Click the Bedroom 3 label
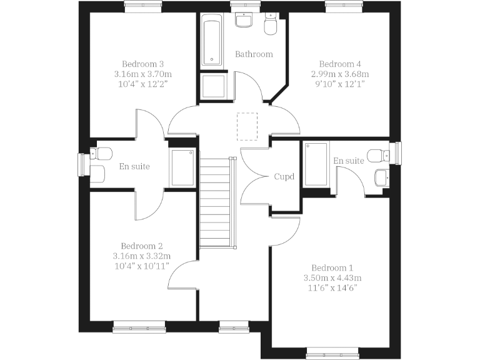142,64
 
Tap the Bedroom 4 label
340,64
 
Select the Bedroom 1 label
332,267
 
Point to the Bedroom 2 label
142,246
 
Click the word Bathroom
254,54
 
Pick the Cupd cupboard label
284,177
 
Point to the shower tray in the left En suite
182,167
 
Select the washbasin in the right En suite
381,177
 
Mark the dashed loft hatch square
247,123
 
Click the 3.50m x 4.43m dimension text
332,278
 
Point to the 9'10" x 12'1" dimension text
340,84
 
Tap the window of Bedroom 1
332,356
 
